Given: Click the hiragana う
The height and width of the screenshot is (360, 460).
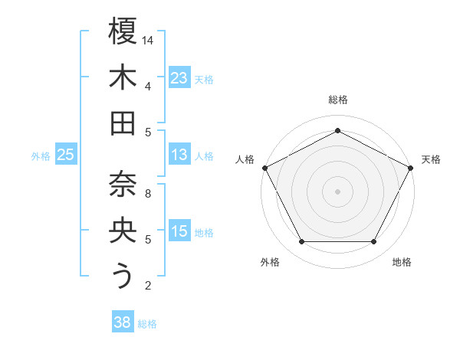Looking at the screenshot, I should click(x=123, y=277).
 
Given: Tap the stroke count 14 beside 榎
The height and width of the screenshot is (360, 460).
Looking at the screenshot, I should click(x=149, y=40).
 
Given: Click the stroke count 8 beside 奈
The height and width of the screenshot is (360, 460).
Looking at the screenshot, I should click(x=148, y=193).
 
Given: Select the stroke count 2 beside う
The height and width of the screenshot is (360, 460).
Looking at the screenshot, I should click(x=148, y=286).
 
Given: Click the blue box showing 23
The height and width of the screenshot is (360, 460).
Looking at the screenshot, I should click(x=179, y=78).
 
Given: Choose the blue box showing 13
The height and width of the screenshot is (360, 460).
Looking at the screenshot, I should click(x=179, y=155).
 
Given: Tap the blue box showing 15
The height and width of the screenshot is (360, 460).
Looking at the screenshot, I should click(x=179, y=232).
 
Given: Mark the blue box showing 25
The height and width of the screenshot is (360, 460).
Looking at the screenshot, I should click(x=66, y=155).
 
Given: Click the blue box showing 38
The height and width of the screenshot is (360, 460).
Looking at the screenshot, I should click(x=122, y=323).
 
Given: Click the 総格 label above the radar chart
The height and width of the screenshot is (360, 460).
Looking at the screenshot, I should click(x=338, y=100).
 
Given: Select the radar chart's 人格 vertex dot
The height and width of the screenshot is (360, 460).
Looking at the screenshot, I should click(x=264, y=168).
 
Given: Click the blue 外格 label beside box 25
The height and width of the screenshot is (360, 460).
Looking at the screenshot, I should click(x=41, y=156).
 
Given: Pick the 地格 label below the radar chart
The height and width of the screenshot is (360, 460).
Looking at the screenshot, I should click(x=402, y=262).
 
